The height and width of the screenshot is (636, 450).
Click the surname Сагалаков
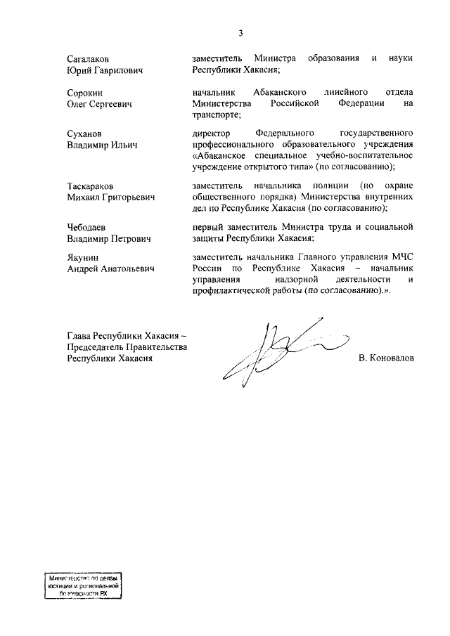(89, 59)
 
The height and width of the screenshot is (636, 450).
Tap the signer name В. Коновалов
(385, 358)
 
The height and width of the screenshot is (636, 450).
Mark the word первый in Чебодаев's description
(209, 226)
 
